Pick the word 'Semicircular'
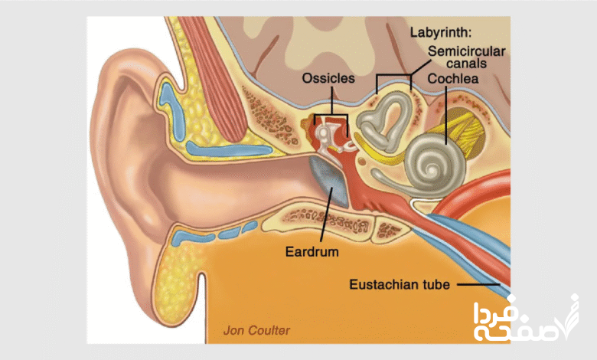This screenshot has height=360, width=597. [x=467, y=50]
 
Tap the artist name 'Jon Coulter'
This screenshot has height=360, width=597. [x=256, y=331]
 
